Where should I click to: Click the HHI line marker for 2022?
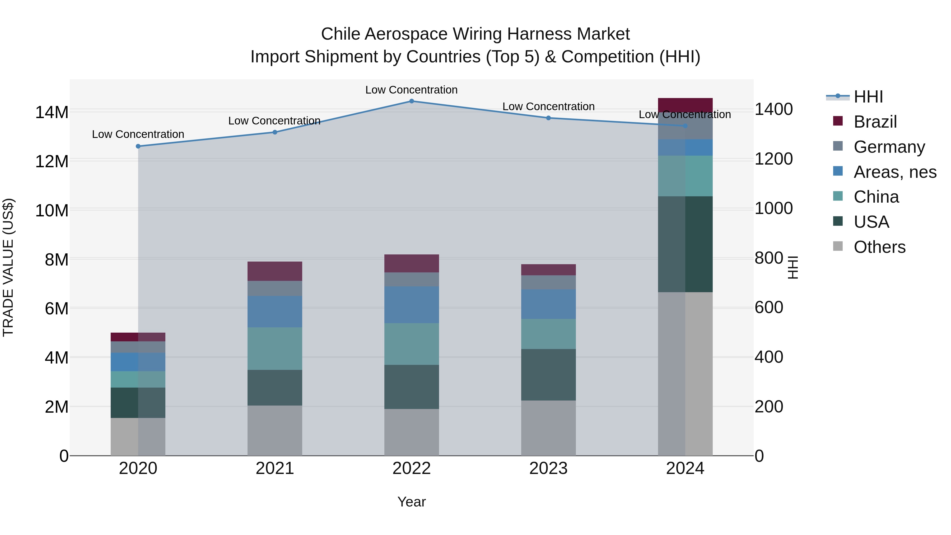pos(412,101)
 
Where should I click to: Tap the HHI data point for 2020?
pos(138,146)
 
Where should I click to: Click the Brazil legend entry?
pos(875,122)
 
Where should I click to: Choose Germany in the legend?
pos(889,147)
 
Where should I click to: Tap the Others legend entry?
pos(879,247)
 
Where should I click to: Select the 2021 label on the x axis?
pos(275,468)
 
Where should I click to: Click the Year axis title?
pos(412,502)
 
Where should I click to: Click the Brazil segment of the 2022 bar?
pos(412,263)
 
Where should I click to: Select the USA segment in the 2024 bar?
pos(685,244)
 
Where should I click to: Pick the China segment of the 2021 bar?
pos(275,348)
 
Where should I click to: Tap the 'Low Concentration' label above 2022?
pos(411,90)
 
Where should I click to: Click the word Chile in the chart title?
pos(341,34)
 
